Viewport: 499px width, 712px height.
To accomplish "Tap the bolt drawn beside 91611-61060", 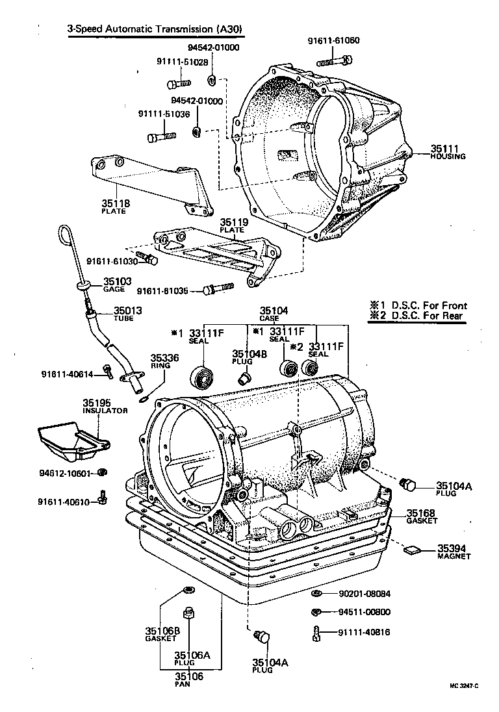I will pyautogui.click(x=334, y=61).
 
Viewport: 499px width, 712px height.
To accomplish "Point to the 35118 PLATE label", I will pyautogui.click(x=116, y=207).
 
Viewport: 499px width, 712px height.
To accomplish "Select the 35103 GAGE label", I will pyautogui.click(x=118, y=284).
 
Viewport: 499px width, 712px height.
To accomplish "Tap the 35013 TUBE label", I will pyautogui.click(x=128, y=313).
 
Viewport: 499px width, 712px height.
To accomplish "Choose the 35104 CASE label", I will pyautogui.click(x=274, y=314).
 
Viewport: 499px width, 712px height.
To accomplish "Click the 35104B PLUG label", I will pyautogui.click(x=246, y=357).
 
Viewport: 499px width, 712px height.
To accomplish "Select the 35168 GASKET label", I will pyautogui.click(x=422, y=516).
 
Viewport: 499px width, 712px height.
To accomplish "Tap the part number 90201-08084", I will pyautogui.click(x=365, y=593).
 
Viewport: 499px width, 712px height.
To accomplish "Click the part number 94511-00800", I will pyautogui.click(x=365, y=612).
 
